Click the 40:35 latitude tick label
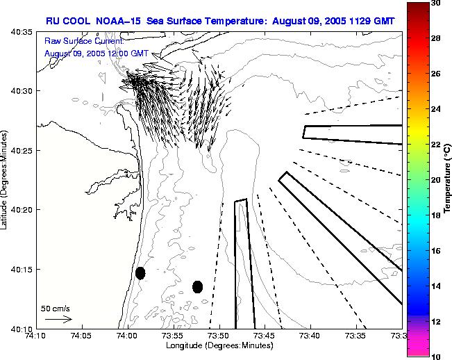coord(22,33)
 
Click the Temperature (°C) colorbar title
coord(448,179)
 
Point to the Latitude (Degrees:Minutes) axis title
coord(6,179)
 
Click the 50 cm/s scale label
coord(56,308)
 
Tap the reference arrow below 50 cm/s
coord(58,319)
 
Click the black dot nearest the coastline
coord(140,273)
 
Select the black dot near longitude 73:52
coord(197,286)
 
